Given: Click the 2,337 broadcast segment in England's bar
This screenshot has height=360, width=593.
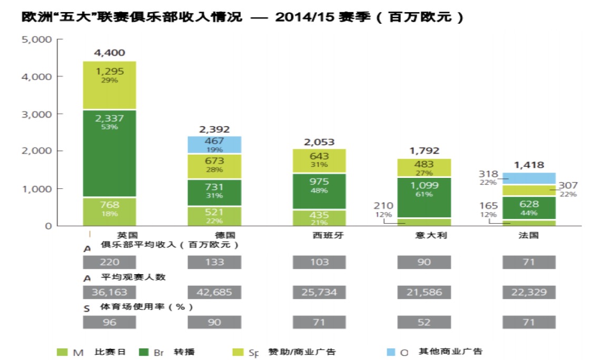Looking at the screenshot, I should [x=110, y=153].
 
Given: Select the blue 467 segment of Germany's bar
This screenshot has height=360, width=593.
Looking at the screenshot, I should [x=214, y=144].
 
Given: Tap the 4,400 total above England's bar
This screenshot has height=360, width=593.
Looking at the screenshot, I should [x=110, y=53].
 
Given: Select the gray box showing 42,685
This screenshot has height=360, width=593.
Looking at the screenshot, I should [x=214, y=292].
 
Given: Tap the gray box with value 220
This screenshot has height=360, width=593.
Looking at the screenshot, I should [x=110, y=262].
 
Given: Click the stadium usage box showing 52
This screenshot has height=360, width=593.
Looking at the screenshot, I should [x=424, y=322].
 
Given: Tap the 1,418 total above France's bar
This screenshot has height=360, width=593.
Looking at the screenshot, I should [x=529, y=165].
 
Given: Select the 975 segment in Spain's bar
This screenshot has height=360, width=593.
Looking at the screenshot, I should [x=319, y=185].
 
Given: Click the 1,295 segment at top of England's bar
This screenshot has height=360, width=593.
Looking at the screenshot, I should [x=110, y=75].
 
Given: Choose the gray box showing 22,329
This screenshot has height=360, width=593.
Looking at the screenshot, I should [x=529, y=292].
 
